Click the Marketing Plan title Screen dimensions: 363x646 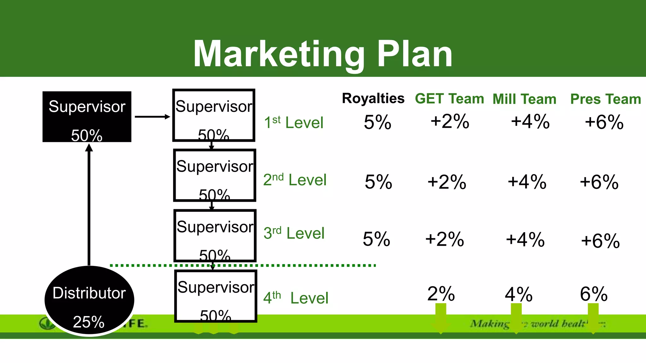[323, 54]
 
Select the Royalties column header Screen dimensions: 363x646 [373, 99]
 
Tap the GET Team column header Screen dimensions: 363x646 [449, 99]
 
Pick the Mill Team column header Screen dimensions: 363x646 [524, 99]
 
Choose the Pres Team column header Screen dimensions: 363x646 [605, 99]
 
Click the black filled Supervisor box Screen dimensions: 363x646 [87, 117]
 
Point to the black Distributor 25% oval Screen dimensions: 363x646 [89, 301]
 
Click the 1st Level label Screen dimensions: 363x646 [294, 122]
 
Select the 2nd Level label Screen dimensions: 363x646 [295, 180]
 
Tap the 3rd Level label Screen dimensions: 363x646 [294, 233]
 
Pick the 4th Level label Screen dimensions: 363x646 [296, 298]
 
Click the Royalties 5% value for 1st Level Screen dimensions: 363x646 [377, 122]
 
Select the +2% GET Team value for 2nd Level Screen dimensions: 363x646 [447, 182]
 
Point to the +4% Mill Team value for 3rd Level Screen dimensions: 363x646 [525, 239]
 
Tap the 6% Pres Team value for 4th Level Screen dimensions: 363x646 [594, 294]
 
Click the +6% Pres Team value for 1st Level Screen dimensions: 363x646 [604, 122]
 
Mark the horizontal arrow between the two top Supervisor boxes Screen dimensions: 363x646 [152, 117]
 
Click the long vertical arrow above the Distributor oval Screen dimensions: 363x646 [89, 205]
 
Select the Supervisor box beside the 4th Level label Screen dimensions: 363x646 [216, 296]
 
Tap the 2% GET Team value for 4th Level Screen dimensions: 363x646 [441, 294]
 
